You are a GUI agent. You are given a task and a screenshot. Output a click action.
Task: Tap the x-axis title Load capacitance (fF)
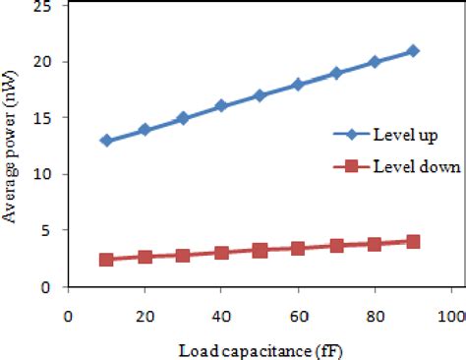tap(261, 349)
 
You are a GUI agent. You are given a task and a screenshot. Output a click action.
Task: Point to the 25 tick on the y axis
tap(42, 5)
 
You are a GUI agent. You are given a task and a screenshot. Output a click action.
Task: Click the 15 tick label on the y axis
tap(42, 118)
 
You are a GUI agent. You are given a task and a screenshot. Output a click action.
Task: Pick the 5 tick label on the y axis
tap(46, 231)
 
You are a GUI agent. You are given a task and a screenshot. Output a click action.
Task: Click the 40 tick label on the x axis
tap(221, 318)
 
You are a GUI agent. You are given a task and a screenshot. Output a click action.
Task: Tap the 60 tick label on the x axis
tap(298, 318)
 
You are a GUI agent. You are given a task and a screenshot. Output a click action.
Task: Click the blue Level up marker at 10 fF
tap(106, 141)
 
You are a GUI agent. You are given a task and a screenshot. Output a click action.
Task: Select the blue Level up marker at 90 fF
tap(413, 50)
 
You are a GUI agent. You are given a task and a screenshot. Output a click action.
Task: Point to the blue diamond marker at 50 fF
tap(260, 95)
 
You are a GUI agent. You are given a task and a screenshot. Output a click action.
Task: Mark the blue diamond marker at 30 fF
tap(183, 118)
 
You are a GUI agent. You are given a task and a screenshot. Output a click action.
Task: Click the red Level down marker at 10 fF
tap(106, 260)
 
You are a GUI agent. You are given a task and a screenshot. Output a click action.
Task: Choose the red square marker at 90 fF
tap(413, 241)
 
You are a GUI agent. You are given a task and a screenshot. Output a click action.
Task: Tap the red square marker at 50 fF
tap(260, 251)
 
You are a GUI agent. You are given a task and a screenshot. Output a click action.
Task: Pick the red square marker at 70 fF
tap(336, 246)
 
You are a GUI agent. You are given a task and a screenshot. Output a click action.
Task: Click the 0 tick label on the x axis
tap(68, 318)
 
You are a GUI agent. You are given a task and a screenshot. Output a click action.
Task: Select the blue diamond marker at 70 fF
tap(336, 73)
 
